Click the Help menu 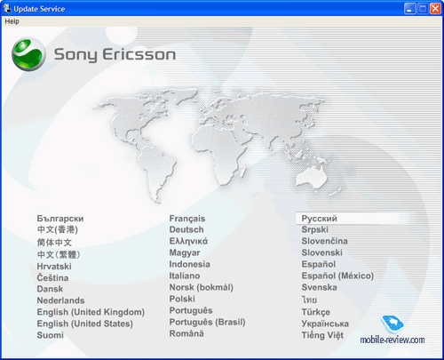coord(12,21)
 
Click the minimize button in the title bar coord(409,9)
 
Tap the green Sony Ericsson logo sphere coord(28,54)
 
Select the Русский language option coord(319,219)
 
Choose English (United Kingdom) coord(91,312)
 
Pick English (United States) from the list coord(84,324)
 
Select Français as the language coord(187,219)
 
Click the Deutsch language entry coord(186,229)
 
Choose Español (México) coord(337,276)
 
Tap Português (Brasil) coord(207,322)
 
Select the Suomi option coord(50,335)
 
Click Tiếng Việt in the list coord(322,335)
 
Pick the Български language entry coord(60,219)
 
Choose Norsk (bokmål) coord(202,287)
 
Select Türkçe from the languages coord(316,312)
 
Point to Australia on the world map coord(312,177)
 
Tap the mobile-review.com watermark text coord(392,340)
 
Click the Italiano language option coord(185,276)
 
